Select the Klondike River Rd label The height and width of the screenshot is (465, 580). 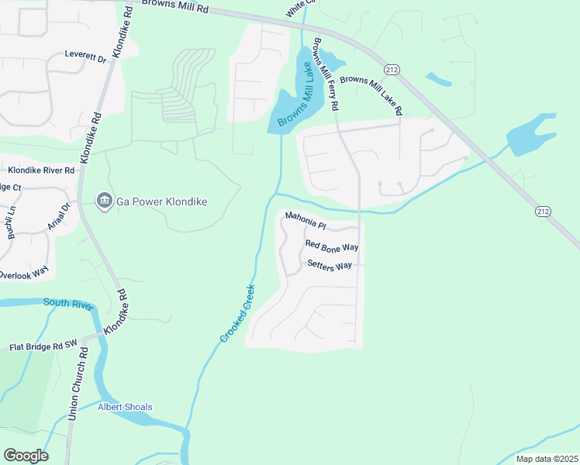pos(40,170)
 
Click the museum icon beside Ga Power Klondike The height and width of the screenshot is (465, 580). pos(103,201)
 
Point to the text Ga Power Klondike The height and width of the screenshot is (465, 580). pos(161,201)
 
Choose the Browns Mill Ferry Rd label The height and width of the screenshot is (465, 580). pos(326,74)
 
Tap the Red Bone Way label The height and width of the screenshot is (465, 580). pos(331,246)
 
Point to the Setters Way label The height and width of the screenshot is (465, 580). pos(330,265)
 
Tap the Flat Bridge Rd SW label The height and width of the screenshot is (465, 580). pos(44,346)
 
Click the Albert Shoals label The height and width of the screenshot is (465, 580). pos(125,407)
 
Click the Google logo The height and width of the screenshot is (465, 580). pos(26,456)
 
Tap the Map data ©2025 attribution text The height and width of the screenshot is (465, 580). pos(546,459)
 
